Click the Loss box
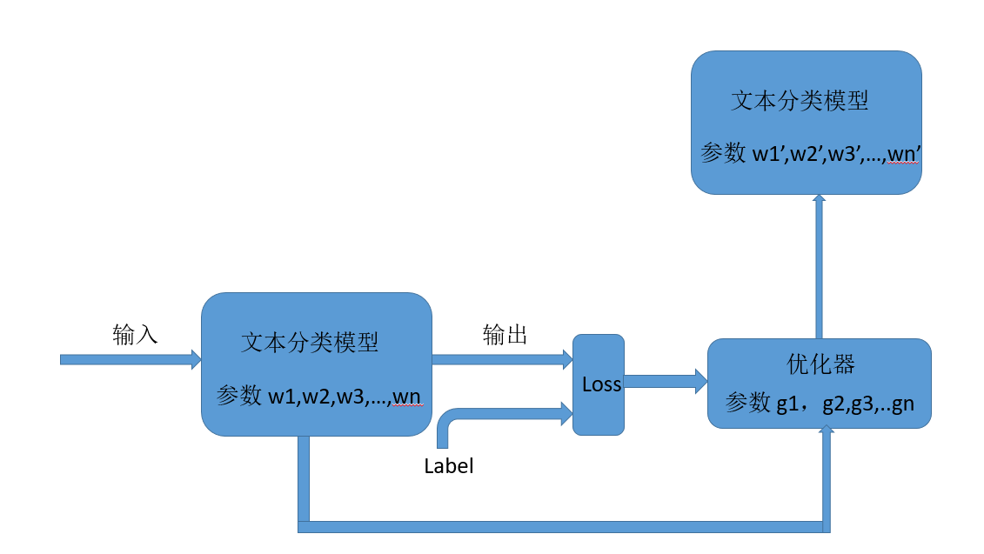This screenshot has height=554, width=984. coord(598,384)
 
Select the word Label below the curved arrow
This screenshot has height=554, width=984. coord(449,466)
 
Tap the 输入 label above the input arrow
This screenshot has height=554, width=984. coord(135,335)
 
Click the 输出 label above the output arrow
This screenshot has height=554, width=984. coord(505,335)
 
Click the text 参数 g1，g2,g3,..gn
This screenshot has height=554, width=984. coord(819,404)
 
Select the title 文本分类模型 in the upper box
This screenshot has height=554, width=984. coord(800,101)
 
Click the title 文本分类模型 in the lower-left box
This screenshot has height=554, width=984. coord(310,343)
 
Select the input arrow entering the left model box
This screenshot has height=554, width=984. coord(129,359)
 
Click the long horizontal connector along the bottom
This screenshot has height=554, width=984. coord(561,526)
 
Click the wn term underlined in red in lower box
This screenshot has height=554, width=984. coord(407,397)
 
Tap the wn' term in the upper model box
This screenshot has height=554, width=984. coord(906,154)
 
